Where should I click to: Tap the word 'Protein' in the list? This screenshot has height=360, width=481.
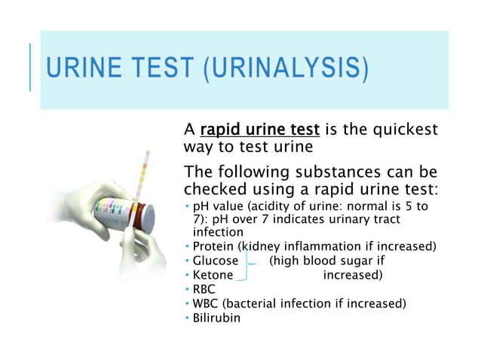(x=213, y=246)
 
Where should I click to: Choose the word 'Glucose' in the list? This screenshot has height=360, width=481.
(x=216, y=261)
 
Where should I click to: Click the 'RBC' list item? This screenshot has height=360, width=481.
(x=204, y=289)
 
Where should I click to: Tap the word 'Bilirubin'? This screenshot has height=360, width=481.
(x=217, y=318)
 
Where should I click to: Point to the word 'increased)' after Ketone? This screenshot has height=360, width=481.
(x=352, y=275)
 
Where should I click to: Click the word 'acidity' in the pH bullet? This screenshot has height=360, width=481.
(x=279, y=206)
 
